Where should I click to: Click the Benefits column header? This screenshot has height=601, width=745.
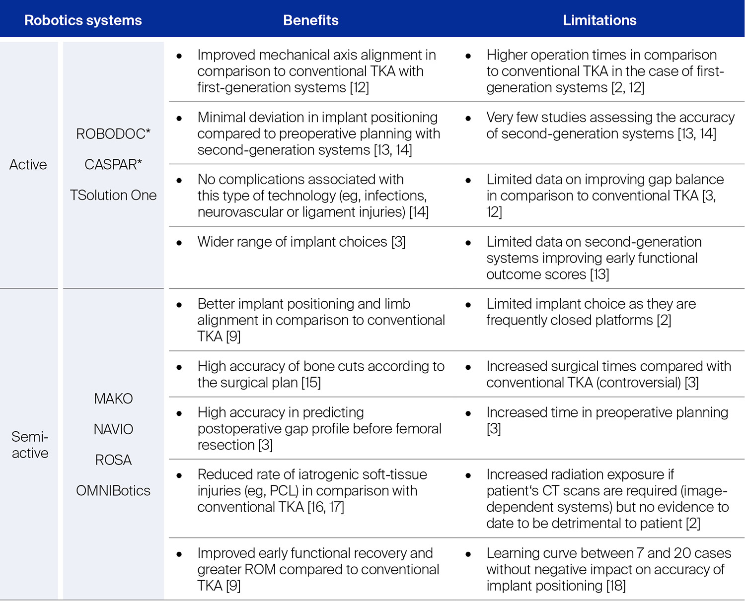(x=310, y=20)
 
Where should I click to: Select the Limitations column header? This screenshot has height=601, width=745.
(x=599, y=20)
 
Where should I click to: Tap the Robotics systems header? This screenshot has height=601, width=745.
(x=83, y=20)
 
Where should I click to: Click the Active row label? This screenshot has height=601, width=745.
(x=28, y=165)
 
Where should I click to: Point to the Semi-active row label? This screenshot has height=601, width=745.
(x=30, y=445)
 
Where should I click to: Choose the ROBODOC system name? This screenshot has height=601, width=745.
(x=113, y=134)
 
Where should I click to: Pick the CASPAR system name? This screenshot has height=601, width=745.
(x=113, y=165)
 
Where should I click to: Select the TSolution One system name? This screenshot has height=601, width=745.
(x=113, y=196)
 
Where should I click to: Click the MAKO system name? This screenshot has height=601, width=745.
(x=113, y=399)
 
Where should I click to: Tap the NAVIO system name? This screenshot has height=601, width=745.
(x=113, y=429)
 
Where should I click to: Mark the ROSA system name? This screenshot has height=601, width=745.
(x=113, y=460)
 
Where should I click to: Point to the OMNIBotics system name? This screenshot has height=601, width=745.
(x=113, y=491)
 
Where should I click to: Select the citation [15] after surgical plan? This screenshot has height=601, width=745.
(x=311, y=383)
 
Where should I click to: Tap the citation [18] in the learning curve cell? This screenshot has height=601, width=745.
(x=616, y=586)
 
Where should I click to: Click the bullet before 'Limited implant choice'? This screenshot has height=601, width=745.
(x=468, y=305)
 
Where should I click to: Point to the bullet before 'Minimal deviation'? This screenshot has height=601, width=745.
(x=179, y=118)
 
